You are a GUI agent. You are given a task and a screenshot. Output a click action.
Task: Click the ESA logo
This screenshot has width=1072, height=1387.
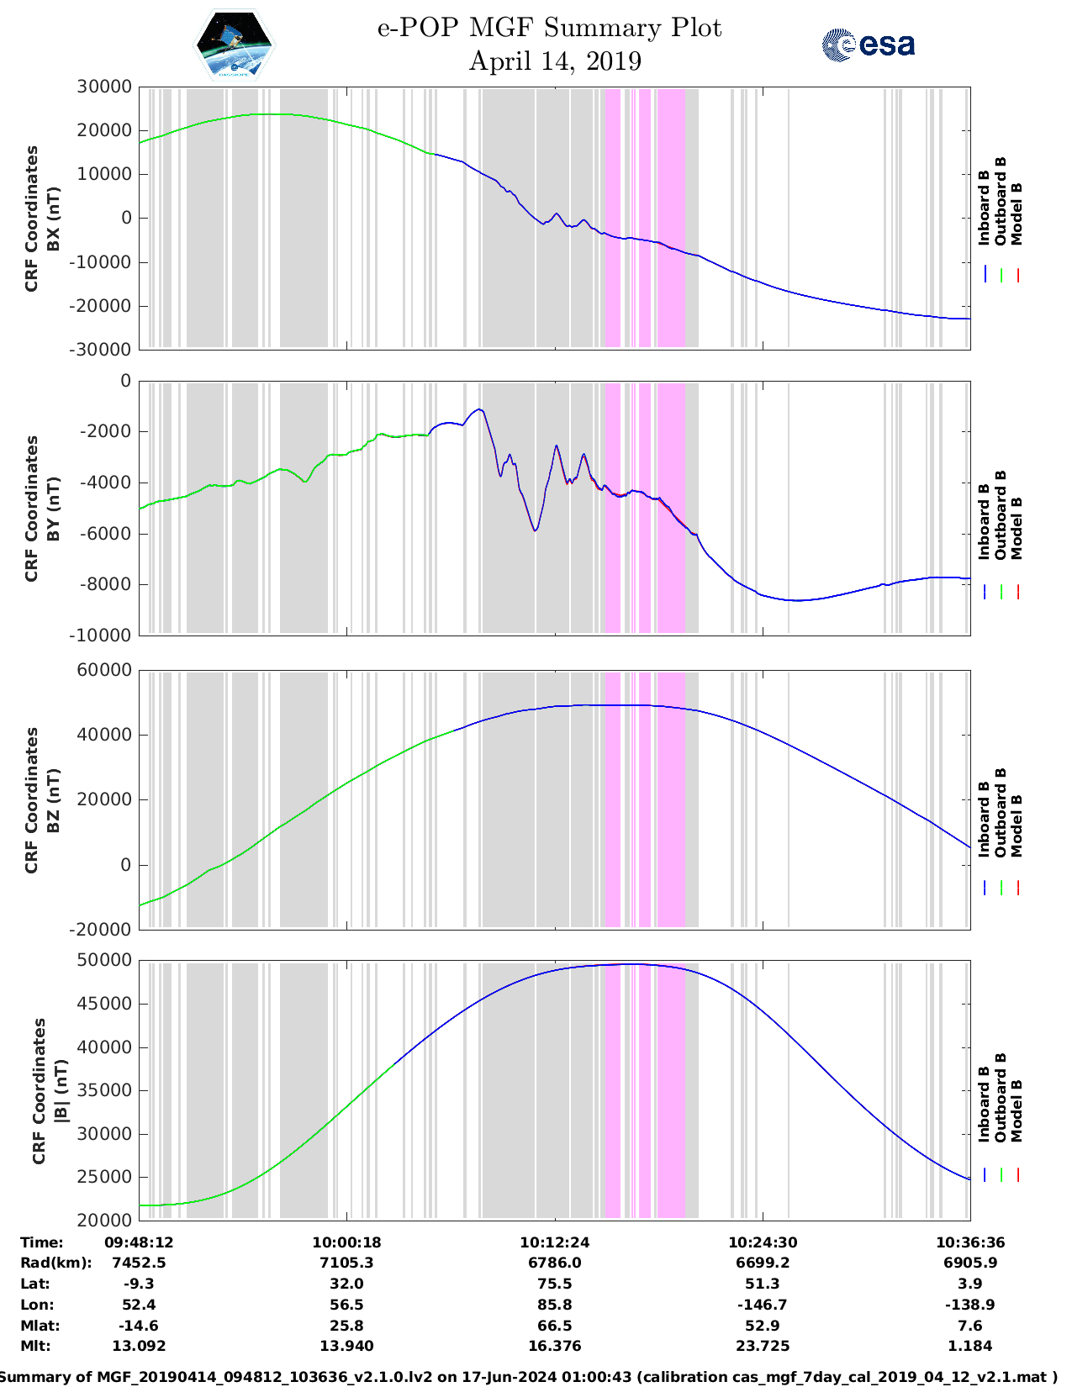pos(868,45)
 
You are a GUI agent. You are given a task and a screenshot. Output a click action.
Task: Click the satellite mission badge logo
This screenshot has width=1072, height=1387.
pos(234,45)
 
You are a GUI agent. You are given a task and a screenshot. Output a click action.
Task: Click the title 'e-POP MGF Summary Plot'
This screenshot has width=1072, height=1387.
pos(549,28)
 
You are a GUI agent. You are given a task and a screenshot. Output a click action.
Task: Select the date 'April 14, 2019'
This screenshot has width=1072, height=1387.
pos(555,61)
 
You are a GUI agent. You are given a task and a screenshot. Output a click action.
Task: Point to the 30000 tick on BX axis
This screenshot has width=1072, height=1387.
pos(104,87)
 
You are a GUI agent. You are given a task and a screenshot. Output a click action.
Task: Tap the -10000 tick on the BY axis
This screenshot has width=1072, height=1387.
pos(101,635)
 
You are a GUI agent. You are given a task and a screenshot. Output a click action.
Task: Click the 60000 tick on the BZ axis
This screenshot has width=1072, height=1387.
pos(104,670)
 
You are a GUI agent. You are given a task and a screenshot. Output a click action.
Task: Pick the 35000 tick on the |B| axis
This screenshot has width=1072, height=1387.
pos(104,1090)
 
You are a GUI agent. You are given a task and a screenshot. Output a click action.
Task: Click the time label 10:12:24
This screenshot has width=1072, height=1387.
pos(555,1242)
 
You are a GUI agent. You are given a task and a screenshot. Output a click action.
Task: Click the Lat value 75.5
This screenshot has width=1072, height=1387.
pos(555,1284)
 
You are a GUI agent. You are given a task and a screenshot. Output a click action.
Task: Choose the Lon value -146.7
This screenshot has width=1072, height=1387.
pos(763,1305)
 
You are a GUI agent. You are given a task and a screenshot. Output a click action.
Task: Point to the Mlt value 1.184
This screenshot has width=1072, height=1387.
pos(970,1346)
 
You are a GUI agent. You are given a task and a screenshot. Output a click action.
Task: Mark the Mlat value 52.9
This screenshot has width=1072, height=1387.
pos(763,1326)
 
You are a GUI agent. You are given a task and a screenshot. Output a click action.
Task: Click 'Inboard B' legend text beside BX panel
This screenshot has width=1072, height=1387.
pos(984,208)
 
